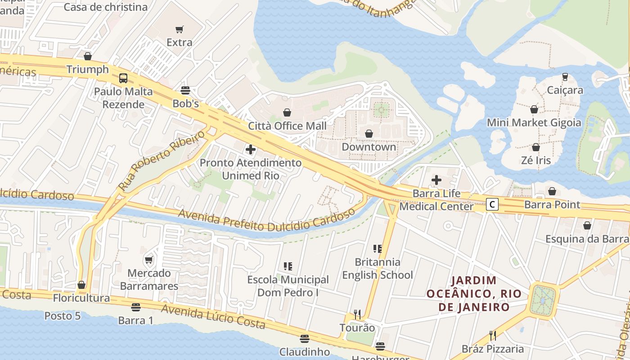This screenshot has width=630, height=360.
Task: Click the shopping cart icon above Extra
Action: click(180, 30)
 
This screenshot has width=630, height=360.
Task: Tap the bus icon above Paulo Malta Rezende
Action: click(123, 78)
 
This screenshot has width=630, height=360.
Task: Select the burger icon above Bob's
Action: click(185, 90)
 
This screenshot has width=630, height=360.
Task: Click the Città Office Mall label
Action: click(288, 126)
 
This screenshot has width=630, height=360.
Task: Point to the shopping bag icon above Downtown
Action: click(369, 134)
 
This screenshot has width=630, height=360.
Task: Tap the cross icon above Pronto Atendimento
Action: click(251, 149)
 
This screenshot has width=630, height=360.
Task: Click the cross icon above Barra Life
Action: click(436, 180)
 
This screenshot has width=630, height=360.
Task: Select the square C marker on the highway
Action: click(493, 205)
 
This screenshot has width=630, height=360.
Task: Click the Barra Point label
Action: click(552, 205)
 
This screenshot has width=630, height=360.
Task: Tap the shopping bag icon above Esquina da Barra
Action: click(587, 225)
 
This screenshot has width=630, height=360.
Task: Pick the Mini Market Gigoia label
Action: click(534, 123)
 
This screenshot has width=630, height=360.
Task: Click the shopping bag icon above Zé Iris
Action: click(535, 147)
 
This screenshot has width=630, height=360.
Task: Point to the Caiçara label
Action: click(565, 90)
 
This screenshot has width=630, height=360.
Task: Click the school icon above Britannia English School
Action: click(377, 248)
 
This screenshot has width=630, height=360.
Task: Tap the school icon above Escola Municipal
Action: click(288, 266)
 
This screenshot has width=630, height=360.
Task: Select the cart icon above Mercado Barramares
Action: click(149, 260)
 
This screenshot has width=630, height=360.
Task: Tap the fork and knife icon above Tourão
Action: click(357, 314)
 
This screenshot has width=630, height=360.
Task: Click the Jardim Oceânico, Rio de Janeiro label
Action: click(474, 294)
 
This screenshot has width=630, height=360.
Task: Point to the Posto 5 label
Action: click(63, 316)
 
